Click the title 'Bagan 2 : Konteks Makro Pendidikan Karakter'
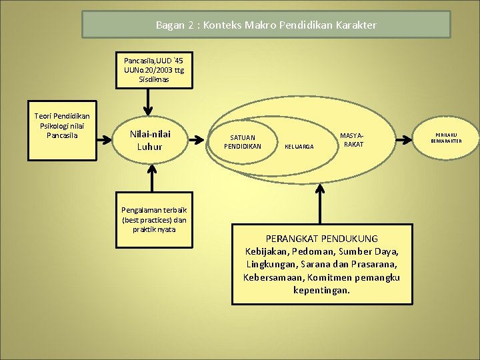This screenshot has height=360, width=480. pyautogui.click(x=266, y=25)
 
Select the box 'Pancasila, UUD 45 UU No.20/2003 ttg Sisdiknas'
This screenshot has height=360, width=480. pyautogui.click(x=154, y=69)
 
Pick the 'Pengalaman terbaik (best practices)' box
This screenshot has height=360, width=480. pyautogui.click(x=154, y=214)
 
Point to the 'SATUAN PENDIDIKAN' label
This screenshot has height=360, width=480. pyautogui.click(x=243, y=141)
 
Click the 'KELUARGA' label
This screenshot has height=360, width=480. pyautogui.click(x=299, y=146)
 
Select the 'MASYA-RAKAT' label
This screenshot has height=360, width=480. pyautogui.click(x=353, y=140)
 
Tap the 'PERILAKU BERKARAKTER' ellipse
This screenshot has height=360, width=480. pyautogui.click(x=446, y=137)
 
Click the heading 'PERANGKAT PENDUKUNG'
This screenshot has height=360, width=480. pyautogui.click(x=321, y=239)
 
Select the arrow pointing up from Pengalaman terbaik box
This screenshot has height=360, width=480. pyautogui.click(x=153, y=179)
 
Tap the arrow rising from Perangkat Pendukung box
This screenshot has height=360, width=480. pyautogui.click(x=320, y=204)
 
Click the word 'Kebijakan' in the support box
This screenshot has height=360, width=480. pyautogui.click(x=267, y=251)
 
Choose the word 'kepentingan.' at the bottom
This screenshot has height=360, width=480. pyautogui.click(x=321, y=290)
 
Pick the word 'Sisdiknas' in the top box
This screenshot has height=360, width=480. pyautogui.click(x=154, y=79)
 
